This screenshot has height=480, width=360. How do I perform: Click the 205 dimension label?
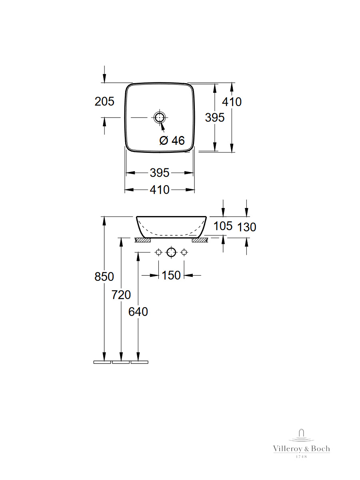(x=104, y=102)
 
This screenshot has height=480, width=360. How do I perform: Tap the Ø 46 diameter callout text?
(x=172, y=140)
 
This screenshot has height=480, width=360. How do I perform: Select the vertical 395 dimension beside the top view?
(x=215, y=118)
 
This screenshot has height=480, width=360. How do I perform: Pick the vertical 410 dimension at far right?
(x=232, y=102)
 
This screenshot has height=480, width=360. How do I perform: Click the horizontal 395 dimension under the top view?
(x=160, y=173)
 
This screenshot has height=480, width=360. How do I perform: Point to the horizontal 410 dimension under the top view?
(x=160, y=190)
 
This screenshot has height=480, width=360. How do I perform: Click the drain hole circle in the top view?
(x=160, y=118)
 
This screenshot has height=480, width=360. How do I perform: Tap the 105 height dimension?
(x=223, y=226)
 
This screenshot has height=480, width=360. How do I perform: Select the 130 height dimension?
(x=246, y=227)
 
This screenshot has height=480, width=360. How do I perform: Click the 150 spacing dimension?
(x=171, y=275)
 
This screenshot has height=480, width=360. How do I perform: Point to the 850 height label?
(x=104, y=276)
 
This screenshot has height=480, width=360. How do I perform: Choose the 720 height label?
(x=121, y=294)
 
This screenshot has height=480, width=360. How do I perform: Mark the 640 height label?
(x=138, y=312)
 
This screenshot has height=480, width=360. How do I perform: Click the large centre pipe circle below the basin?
(x=171, y=252)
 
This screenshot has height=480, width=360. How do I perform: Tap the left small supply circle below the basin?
(x=158, y=252)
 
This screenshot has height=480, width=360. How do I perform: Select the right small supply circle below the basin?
(x=184, y=252)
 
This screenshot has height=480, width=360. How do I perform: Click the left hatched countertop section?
(x=143, y=240)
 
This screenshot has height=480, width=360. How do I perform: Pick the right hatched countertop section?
(x=200, y=240)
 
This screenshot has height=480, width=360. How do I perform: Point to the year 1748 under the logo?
(x=301, y=457)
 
